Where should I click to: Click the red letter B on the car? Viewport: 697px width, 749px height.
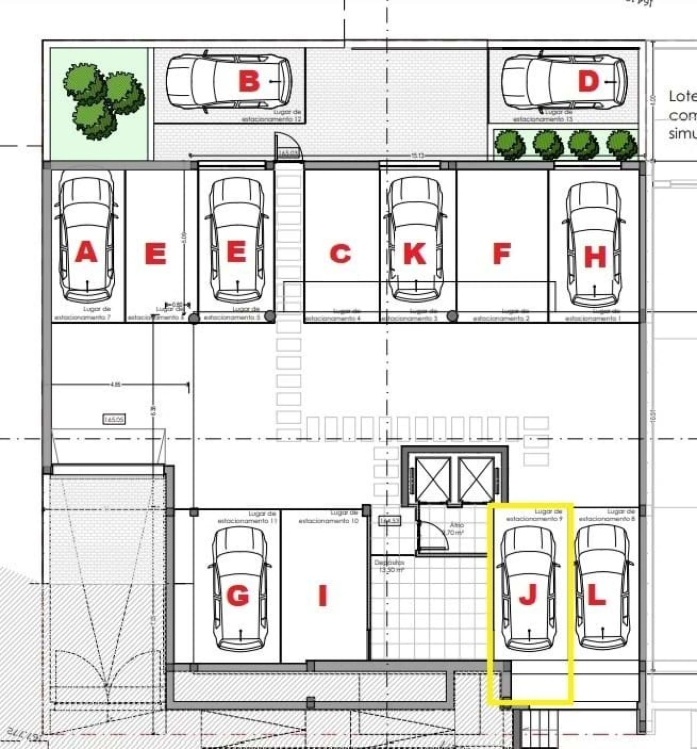(249, 81)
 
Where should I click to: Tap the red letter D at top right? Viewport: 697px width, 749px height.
(588, 81)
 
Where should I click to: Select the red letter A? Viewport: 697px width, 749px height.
(86, 252)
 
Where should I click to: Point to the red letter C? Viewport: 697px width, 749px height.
(340, 253)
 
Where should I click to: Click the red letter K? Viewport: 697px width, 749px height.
(414, 253)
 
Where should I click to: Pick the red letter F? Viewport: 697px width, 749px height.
(502, 253)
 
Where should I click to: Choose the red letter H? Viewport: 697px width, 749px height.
(595, 257)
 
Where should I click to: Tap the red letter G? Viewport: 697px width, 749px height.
(238, 595)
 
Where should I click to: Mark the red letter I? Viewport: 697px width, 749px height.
(322, 595)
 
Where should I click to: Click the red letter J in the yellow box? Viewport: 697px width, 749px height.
(528, 594)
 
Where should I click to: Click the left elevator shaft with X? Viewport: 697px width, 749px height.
(433, 479)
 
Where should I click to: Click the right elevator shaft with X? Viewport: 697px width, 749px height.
(476, 479)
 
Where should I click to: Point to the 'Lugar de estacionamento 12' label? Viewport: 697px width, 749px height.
(272, 115)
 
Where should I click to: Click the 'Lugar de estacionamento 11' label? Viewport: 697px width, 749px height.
(248, 517)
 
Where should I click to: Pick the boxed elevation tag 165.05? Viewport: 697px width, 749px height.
(114, 419)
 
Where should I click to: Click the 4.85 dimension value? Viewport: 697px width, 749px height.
(115, 385)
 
